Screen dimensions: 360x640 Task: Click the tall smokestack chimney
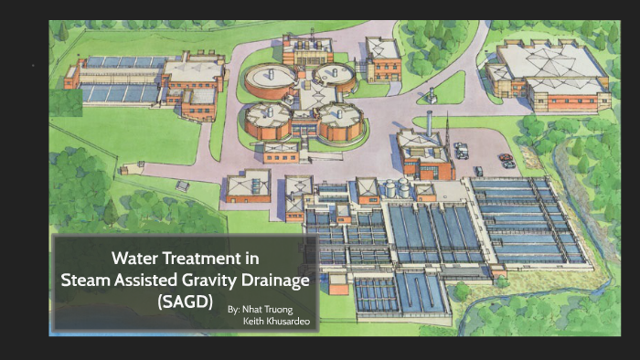tap(428, 126)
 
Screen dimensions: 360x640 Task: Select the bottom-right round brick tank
tap(339, 121)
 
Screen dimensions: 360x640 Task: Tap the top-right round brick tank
tap(335, 77)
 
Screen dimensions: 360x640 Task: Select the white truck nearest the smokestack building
tap(462, 149)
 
